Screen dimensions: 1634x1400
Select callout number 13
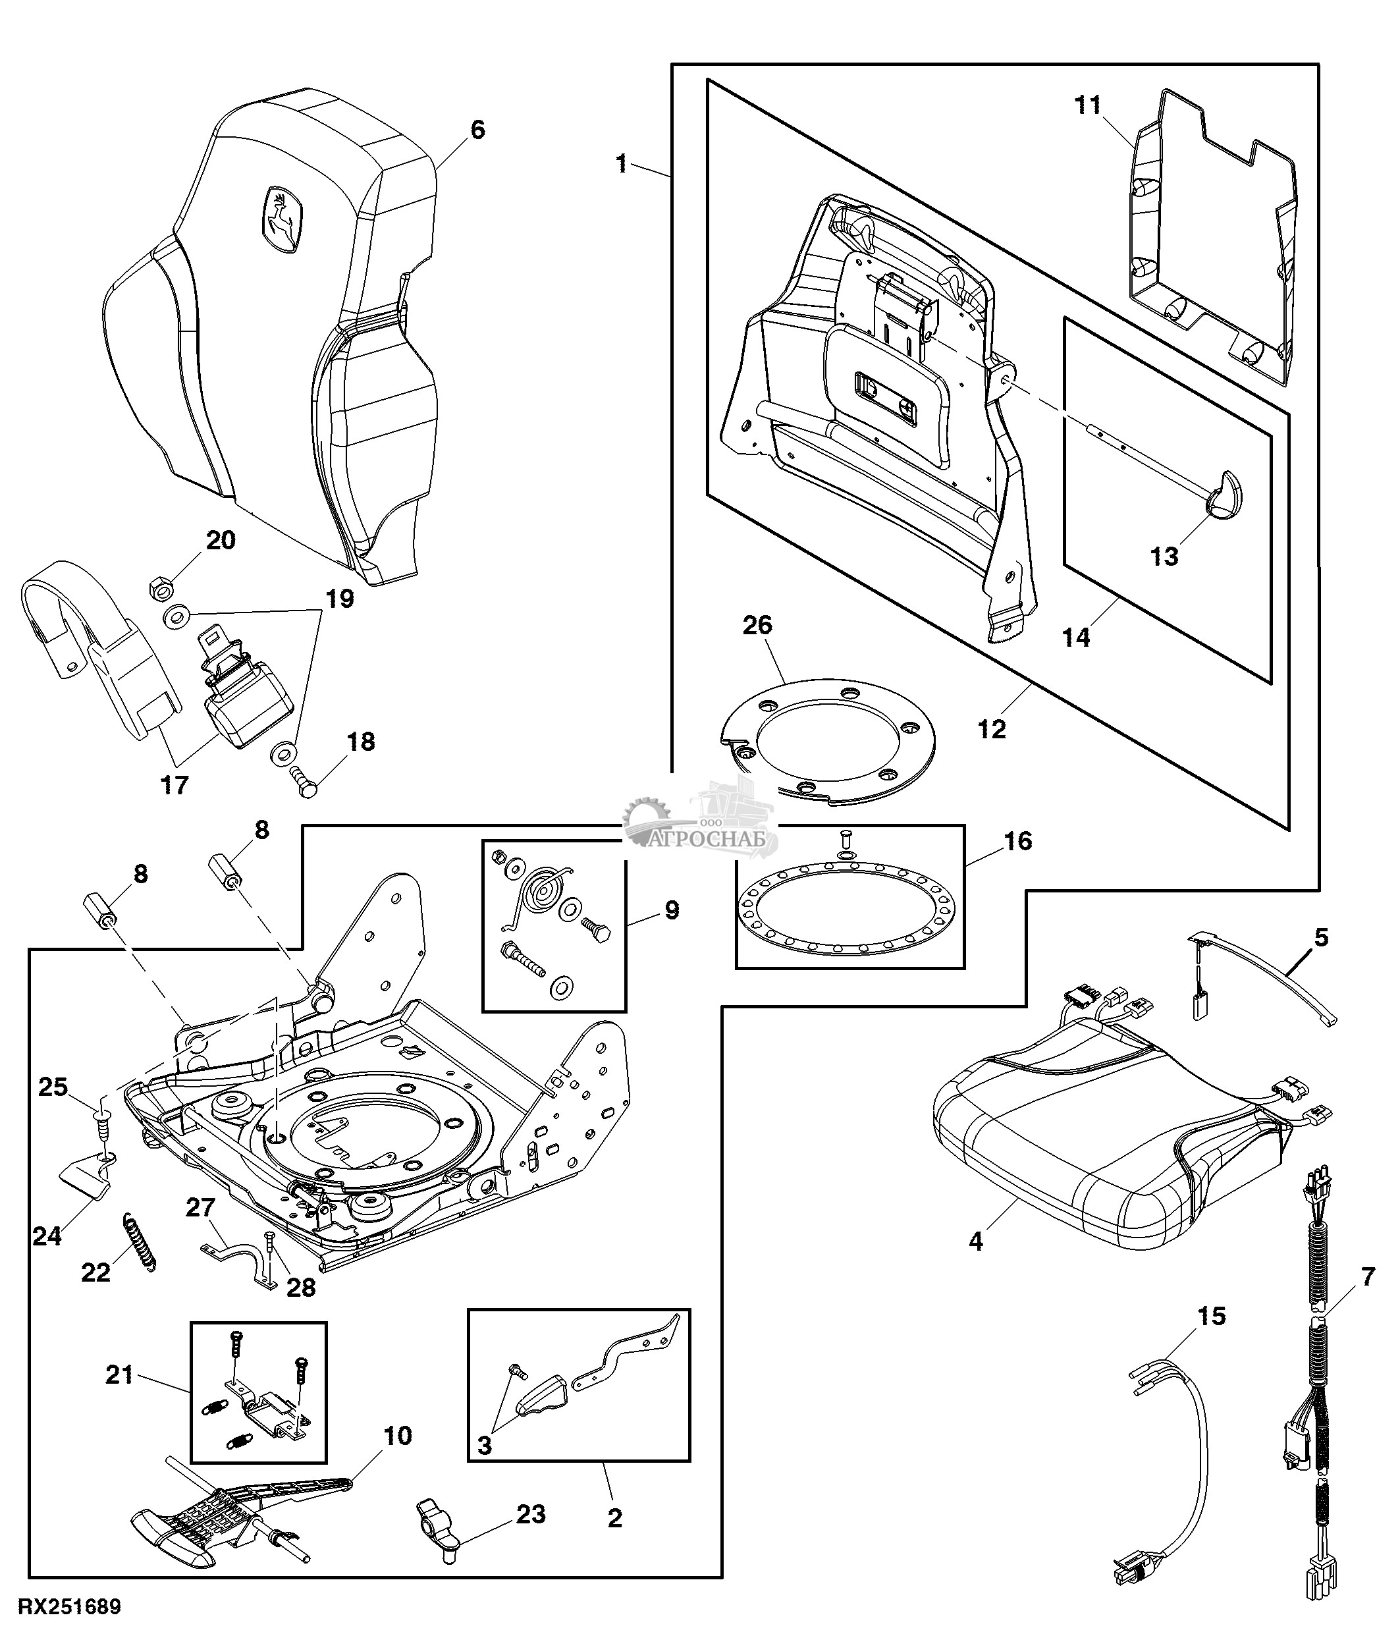coord(1164,556)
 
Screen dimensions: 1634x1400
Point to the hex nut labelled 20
coord(161,587)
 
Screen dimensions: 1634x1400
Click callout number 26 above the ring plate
coord(757,626)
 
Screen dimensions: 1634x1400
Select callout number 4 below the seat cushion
coord(976,1241)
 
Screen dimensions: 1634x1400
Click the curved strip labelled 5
coord(1269,982)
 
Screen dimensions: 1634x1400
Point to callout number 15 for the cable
coord(1212,1316)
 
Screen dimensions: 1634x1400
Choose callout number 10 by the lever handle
coord(398,1435)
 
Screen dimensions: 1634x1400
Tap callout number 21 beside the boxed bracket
coord(119,1375)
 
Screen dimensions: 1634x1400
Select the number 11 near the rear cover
coord(1088,105)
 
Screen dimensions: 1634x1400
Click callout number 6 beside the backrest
coord(477,129)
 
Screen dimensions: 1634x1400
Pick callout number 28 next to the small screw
coord(301,1288)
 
